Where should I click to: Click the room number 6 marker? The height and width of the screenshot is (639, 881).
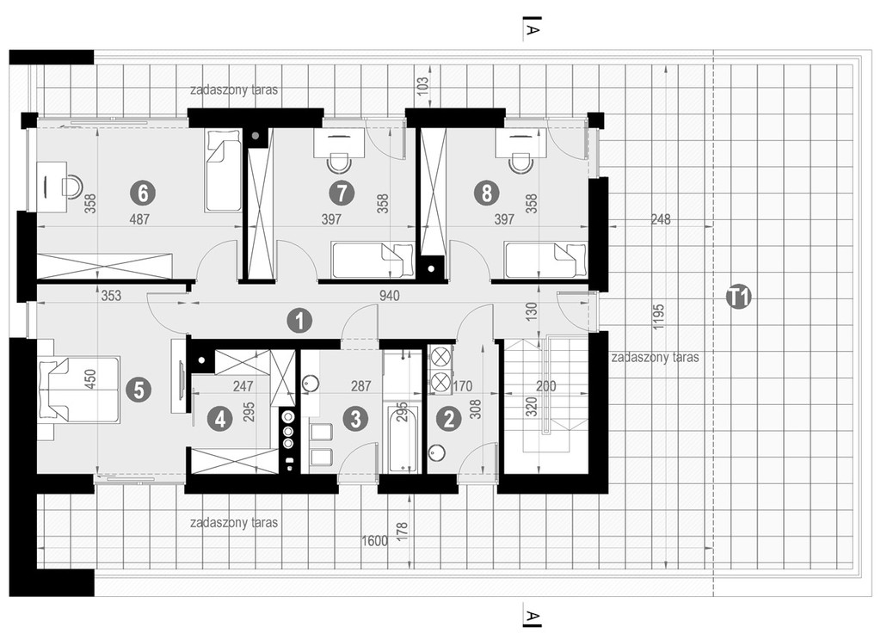[143, 194]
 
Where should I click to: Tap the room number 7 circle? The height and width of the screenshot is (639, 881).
[342, 194]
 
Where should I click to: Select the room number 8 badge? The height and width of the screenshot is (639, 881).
[487, 194]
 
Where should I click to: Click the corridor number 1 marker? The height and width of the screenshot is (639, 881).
[299, 321]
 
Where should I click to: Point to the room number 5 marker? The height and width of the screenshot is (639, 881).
[139, 389]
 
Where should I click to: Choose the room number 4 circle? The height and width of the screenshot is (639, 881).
[219, 418]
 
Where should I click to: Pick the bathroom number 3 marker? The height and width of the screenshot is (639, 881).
[355, 418]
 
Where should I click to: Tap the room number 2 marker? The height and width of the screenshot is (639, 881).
[448, 418]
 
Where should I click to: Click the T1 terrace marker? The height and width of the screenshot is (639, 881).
[739, 296]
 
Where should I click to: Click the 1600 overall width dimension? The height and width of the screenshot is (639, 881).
[375, 541]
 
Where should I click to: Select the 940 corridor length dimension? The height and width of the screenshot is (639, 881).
[389, 295]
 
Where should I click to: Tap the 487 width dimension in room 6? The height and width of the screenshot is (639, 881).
[139, 219]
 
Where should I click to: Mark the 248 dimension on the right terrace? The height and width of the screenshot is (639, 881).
[661, 219]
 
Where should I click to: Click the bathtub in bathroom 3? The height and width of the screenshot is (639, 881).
[404, 439]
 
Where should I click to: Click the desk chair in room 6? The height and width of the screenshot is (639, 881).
[71, 186]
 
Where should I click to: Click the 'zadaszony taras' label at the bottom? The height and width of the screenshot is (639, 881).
[234, 523]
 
